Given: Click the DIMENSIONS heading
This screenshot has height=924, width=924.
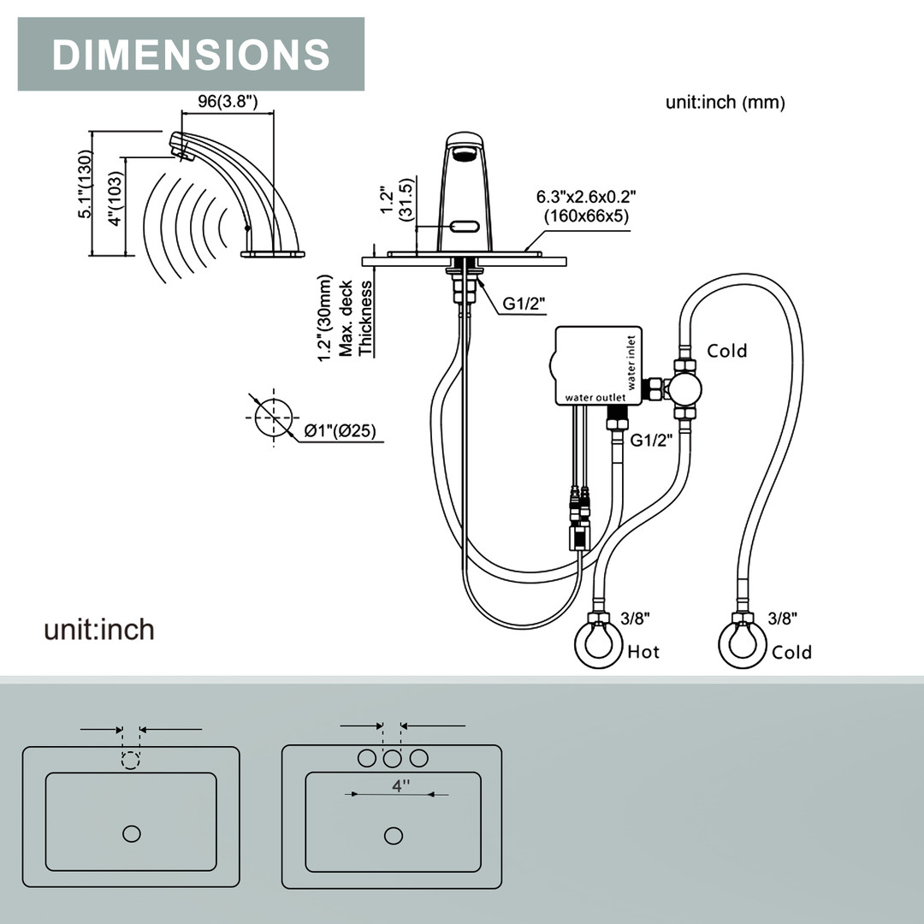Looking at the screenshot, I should (x=191, y=54).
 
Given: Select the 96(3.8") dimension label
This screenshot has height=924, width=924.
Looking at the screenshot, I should (x=228, y=100).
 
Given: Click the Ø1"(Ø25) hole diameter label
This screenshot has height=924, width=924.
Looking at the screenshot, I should (x=342, y=431).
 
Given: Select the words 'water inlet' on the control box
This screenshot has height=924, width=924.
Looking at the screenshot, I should (x=632, y=362).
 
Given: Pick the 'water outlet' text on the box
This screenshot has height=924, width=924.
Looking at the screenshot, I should (x=595, y=398).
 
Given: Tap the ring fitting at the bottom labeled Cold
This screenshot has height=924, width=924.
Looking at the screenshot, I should (x=741, y=644).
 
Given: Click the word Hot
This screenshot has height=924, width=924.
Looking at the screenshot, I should (x=643, y=652).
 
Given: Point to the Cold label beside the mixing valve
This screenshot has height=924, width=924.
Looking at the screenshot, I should (x=726, y=351).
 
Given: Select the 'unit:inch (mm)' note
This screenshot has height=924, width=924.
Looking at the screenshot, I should (x=725, y=103).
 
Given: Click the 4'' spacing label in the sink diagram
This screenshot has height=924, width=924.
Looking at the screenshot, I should (x=400, y=785).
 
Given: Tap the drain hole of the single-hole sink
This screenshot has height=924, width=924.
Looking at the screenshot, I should (x=131, y=833).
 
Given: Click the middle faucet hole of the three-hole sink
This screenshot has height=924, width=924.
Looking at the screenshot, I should (x=392, y=758).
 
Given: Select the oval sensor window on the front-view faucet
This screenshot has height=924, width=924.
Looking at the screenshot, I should (x=466, y=227).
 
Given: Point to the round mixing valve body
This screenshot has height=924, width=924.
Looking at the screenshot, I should (x=684, y=390).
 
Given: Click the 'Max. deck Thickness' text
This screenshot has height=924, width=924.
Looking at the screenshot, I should (x=357, y=318).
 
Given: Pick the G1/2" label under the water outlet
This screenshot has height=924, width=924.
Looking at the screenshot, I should (x=652, y=441).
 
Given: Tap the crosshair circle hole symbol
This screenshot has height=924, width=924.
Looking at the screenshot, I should (x=273, y=418).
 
